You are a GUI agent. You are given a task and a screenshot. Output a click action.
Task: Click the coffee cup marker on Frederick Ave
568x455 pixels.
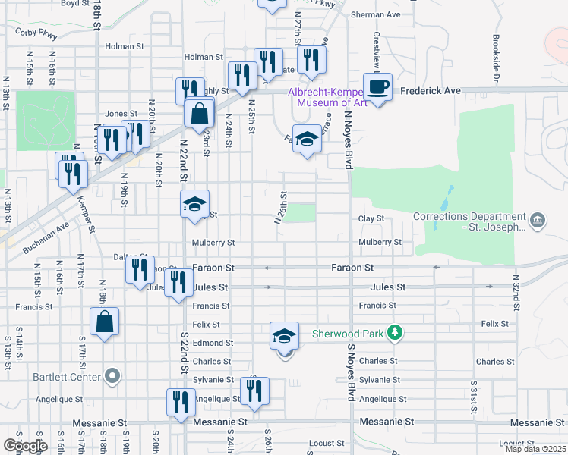tap(377, 86)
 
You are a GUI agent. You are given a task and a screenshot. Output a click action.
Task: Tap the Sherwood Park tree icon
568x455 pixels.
tap(393, 332)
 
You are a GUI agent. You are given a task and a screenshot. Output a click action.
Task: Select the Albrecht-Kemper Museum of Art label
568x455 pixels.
tap(327, 97)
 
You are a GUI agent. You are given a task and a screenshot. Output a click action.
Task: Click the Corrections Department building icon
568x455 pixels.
tap(537, 221)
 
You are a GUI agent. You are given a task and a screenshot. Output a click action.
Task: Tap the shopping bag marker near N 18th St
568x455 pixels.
tap(105, 321)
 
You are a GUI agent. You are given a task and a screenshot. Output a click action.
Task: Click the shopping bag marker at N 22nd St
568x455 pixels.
tap(199, 114)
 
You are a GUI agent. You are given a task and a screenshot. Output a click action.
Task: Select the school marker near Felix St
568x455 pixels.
tap(284, 334)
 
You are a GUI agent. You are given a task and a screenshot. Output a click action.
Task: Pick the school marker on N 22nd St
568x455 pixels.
tap(194, 203)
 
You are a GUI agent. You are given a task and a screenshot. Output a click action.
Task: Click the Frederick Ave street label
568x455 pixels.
tap(431, 90)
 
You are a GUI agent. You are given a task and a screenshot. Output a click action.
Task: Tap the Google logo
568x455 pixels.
tap(25, 446)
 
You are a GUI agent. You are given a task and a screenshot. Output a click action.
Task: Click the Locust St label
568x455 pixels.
tap(327, 441)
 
